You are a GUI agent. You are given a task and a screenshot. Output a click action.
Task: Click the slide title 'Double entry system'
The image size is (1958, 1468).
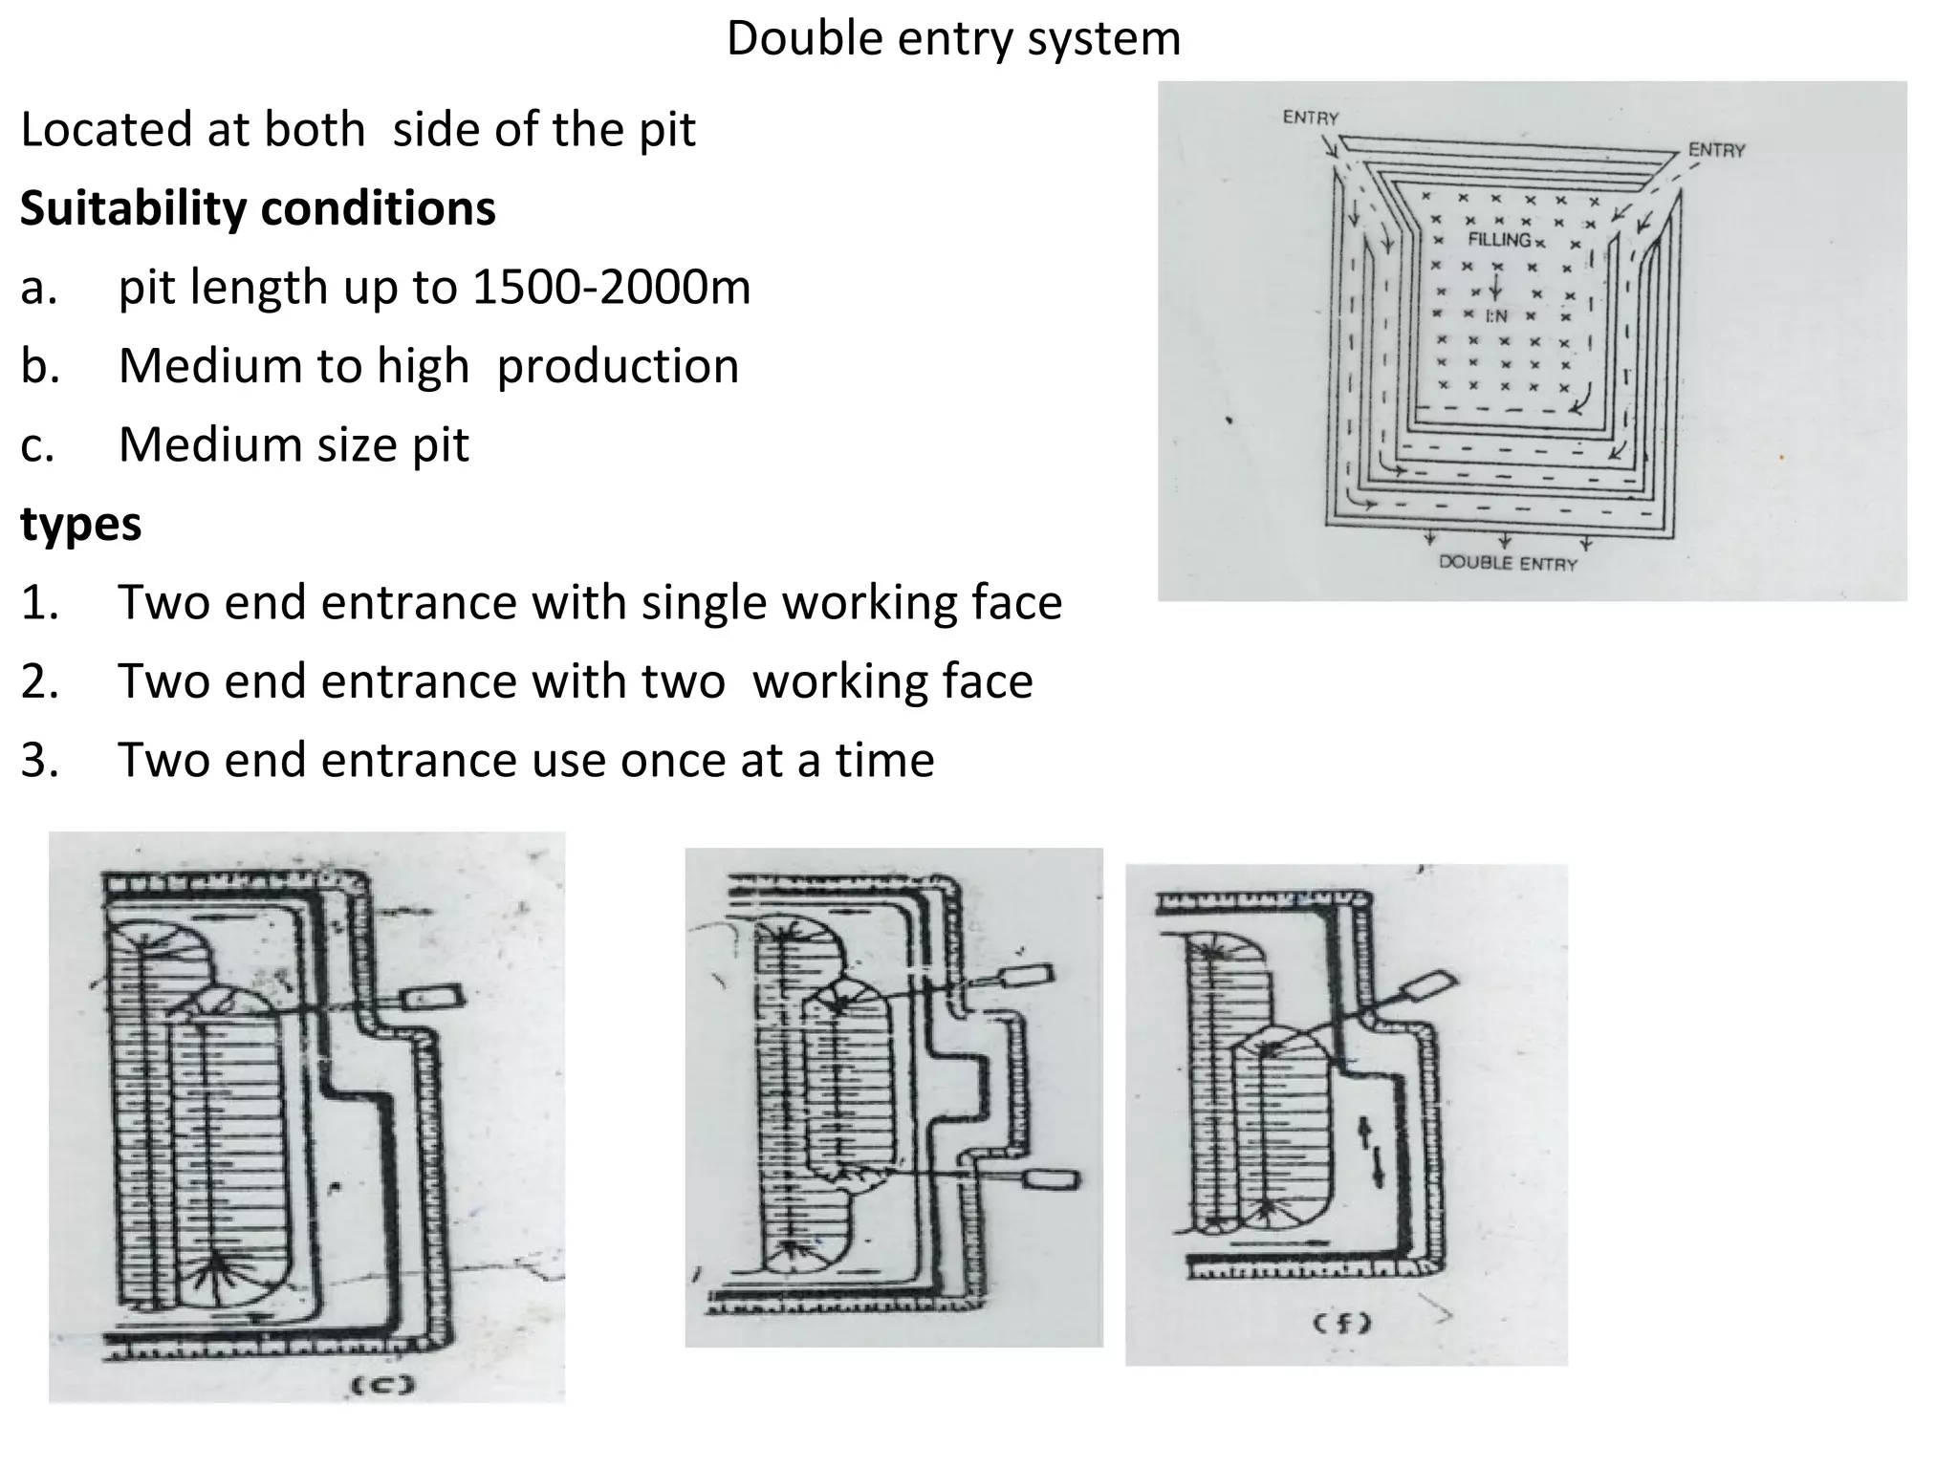point(953,40)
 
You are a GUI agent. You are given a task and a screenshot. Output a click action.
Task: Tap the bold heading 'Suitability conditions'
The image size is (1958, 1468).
point(258,208)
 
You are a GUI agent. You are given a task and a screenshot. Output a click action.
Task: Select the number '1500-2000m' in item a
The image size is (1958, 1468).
point(612,287)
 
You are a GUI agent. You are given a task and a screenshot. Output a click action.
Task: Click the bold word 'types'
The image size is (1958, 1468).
point(81,524)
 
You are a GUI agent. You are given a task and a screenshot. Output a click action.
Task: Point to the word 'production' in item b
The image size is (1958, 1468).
point(618,366)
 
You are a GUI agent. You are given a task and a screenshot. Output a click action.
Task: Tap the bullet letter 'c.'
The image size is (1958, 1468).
point(38,445)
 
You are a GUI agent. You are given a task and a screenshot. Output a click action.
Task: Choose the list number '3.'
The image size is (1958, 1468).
point(40,761)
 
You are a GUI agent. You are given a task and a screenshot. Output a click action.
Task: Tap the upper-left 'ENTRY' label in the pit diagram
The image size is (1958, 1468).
point(1311,118)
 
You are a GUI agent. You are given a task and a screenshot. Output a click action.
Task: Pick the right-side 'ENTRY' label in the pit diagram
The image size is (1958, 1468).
point(1716,150)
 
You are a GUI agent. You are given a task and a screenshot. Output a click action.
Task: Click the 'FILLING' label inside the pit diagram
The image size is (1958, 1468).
point(1499,239)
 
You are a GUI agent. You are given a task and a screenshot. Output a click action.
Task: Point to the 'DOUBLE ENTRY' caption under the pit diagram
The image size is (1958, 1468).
point(1508,564)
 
